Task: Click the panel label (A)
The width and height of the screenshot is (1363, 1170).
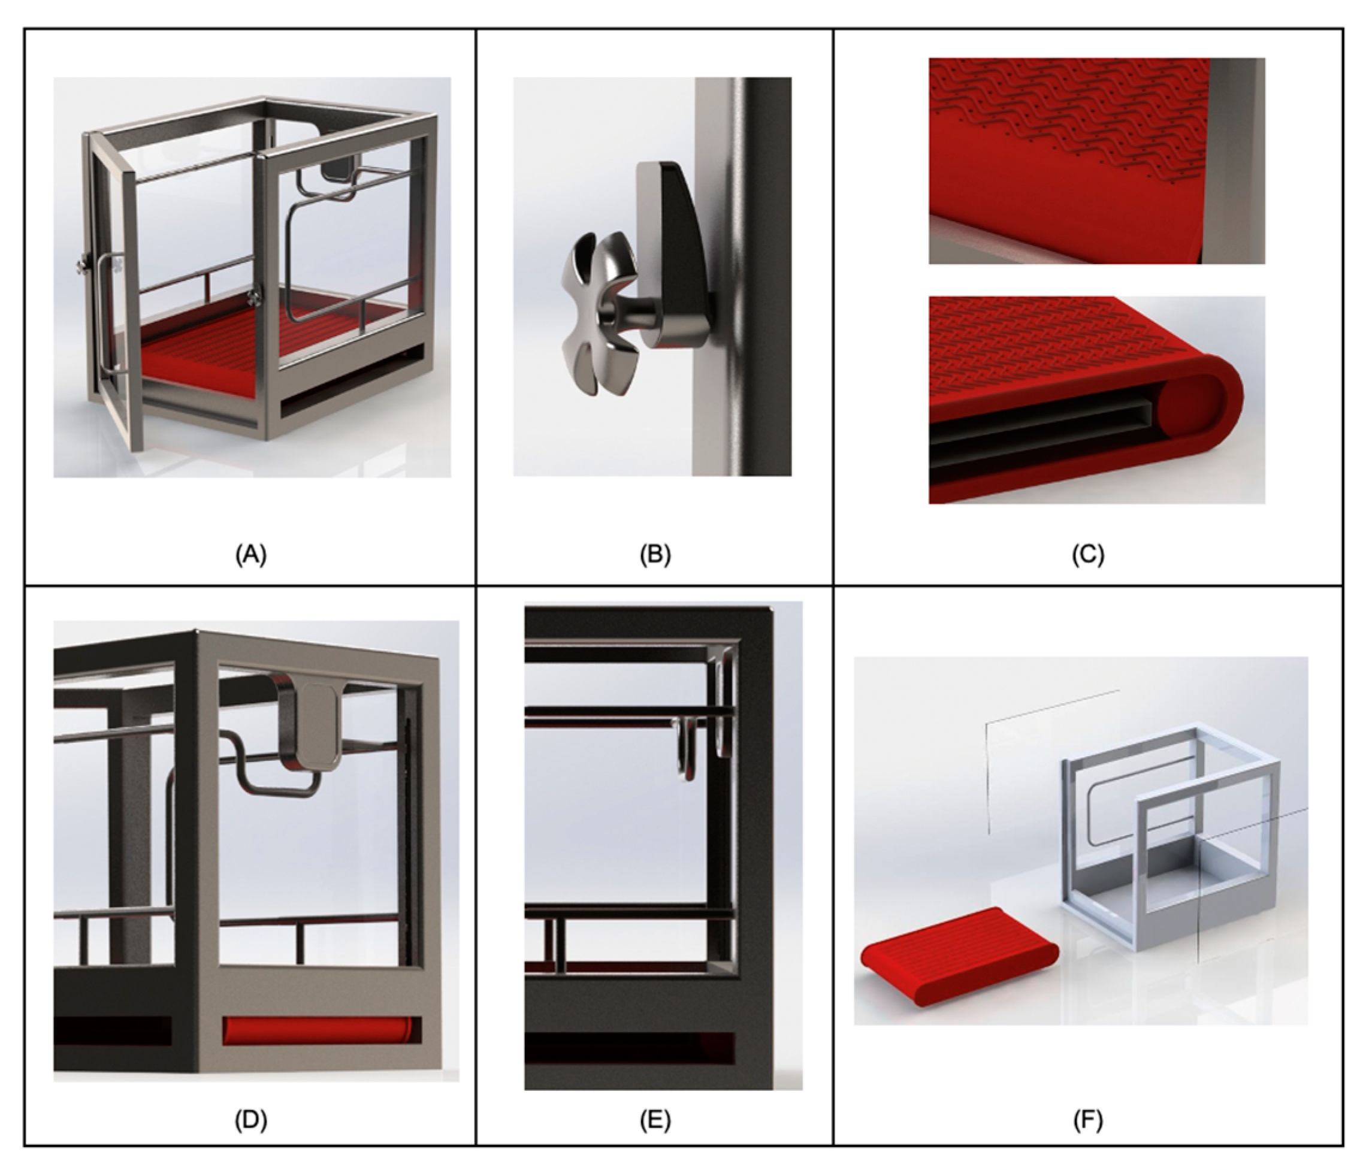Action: [250, 554]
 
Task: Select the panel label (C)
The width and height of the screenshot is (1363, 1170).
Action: [1088, 554]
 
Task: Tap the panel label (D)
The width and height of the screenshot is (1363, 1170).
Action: [250, 1119]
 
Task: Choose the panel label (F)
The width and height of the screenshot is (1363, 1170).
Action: [1088, 1119]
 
